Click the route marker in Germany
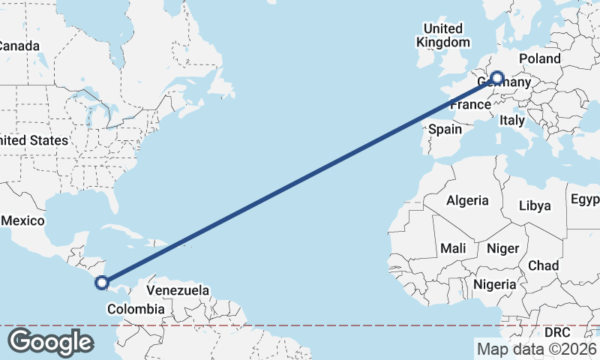tap(496, 77)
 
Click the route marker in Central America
tap(103, 283)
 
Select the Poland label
tap(539, 58)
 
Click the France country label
tap(470, 105)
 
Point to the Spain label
tap(445, 129)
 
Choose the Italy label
tap(512, 120)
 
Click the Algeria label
tap(467, 200)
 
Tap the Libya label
tap(535, 205)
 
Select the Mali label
tap(453, 247)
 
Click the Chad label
tap(543, 265)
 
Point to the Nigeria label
tap(494, 284)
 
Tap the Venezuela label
tap(177, 289)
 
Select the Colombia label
tap(135, 309)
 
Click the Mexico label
tap(22, 220)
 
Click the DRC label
tap(557, 331)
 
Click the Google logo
tap(49, 341)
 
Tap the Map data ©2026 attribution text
tap(537, 348)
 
